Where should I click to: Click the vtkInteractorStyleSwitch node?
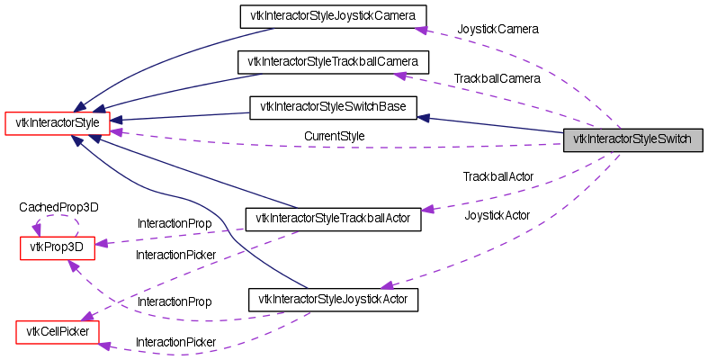632,140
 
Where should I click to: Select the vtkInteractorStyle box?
58,121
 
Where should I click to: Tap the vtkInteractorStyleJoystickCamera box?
332,15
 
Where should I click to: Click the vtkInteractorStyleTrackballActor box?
333,218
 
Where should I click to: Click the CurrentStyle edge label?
334,136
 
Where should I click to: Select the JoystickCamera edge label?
497,30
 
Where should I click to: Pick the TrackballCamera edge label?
497,79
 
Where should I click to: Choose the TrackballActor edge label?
498,176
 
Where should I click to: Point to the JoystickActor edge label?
497,215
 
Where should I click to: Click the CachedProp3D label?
59,207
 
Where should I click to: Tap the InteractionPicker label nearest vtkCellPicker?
175,342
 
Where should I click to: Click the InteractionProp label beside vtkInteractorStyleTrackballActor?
175,222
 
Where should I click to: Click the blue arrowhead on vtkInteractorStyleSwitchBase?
424,116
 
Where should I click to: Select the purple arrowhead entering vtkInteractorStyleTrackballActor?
428,209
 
